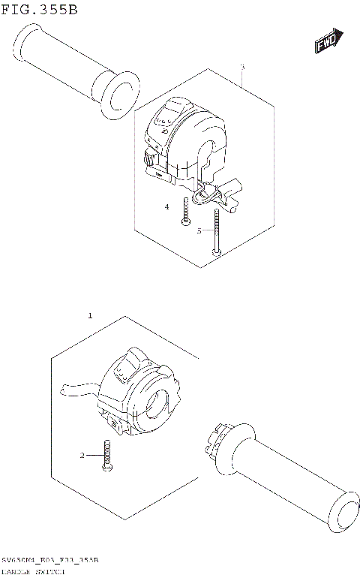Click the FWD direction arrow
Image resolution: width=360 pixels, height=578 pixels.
point(328,42)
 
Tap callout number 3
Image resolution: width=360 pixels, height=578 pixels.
point(242,68)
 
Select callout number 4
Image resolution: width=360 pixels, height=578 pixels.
point(167,206)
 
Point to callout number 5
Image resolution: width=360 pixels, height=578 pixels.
point(199,231)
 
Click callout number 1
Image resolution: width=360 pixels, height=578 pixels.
point(90,316)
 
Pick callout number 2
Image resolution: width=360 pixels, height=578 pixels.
point(82,455)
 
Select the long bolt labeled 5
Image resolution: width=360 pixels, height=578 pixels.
point(216,233)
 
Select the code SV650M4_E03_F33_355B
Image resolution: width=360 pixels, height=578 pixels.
point(49,561)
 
